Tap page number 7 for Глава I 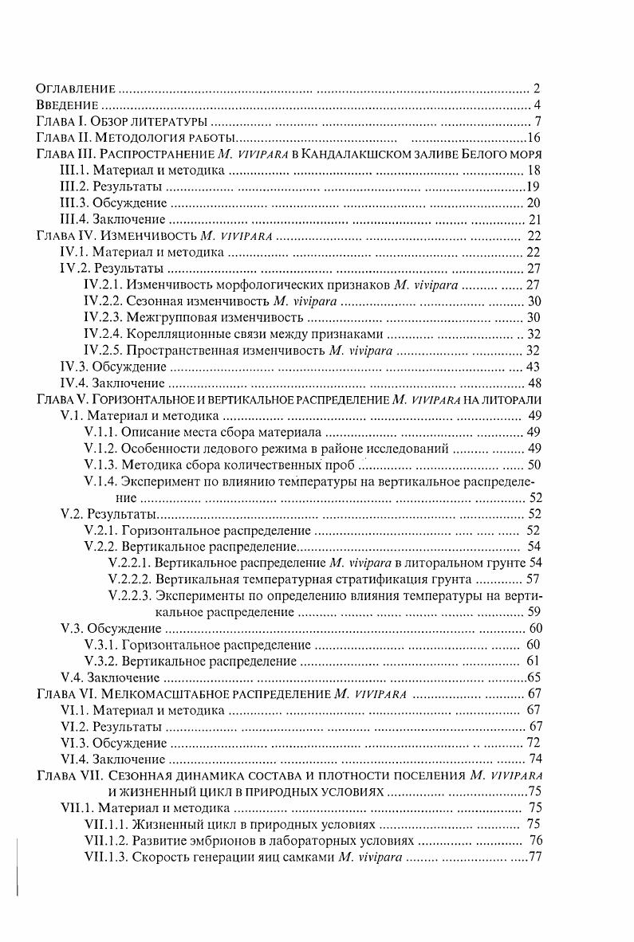point(538,122)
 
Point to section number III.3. point(73,203)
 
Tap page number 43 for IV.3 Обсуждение point(534,367)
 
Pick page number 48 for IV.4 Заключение point(534,383)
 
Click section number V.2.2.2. point(130,579)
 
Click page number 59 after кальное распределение point(534,612)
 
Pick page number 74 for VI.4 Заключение point(535,759)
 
